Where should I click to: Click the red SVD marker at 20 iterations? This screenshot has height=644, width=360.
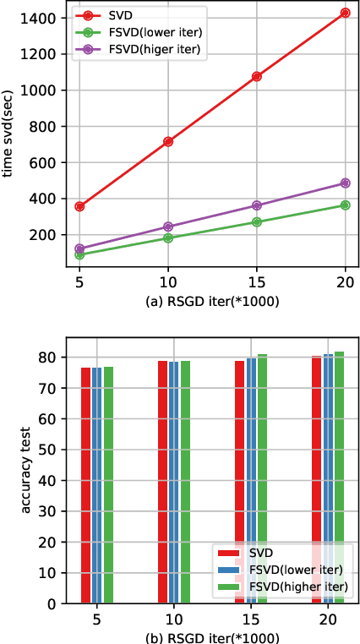[345, 13]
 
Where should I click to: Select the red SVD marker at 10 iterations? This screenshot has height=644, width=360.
[168, 141]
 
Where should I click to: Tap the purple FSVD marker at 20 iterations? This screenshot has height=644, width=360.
[345, 183]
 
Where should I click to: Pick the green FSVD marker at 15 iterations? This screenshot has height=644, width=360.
[256, 222]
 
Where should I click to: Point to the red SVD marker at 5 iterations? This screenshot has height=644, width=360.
[79, 206]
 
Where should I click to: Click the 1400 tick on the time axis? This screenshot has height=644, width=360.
[43, 18]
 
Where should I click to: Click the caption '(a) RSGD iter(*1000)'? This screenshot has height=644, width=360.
[211, 299]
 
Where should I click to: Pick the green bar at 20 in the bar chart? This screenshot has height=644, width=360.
[340, 478]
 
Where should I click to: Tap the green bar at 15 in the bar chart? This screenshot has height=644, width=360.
[262, 478]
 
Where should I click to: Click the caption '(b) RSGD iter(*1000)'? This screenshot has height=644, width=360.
[211, 636]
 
